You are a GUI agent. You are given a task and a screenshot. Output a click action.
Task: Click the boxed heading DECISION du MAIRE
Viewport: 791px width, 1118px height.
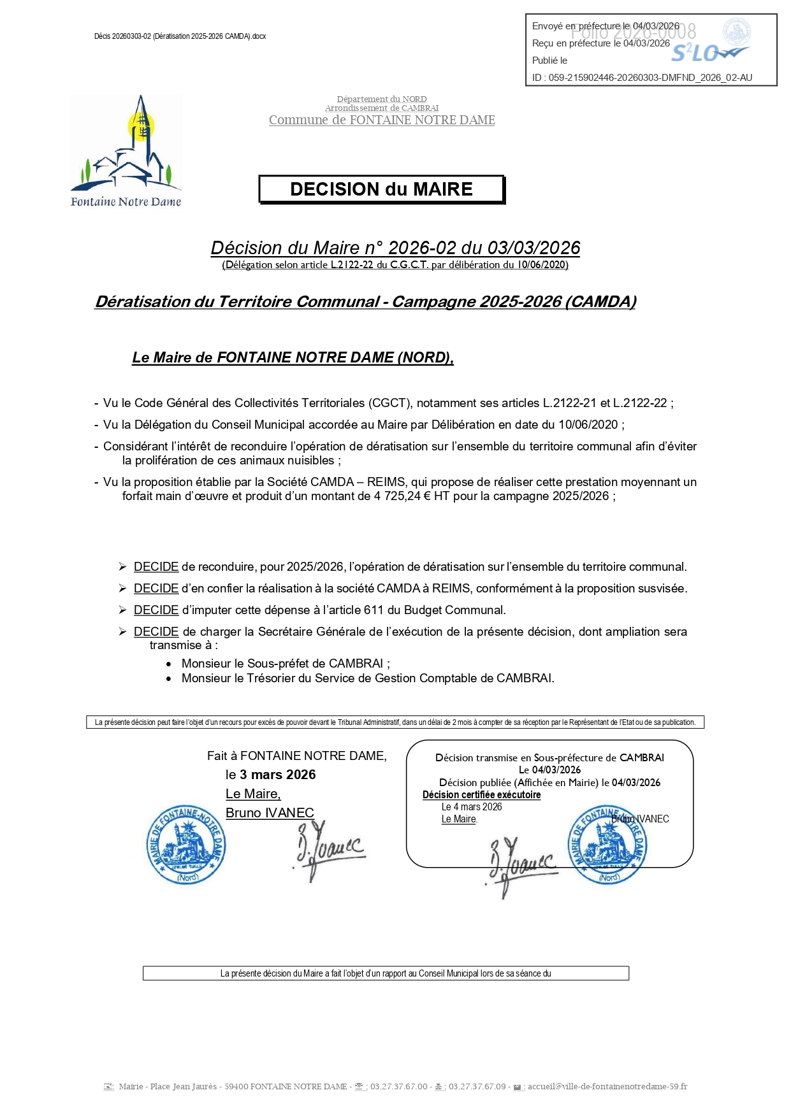(381, 190)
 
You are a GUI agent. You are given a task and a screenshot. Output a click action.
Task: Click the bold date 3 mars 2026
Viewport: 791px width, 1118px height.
(277, 775)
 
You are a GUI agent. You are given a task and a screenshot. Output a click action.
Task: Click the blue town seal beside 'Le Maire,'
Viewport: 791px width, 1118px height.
(186, 844)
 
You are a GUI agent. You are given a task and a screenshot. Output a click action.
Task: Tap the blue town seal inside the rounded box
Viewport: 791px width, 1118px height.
(608, 845)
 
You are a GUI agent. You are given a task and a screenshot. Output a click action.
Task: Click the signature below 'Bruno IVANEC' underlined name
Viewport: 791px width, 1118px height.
(328, 850)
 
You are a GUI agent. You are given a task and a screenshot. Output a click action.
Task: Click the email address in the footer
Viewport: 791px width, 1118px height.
(607, 1087)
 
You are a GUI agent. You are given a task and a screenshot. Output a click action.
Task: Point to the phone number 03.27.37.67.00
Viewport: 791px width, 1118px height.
(398, 1087)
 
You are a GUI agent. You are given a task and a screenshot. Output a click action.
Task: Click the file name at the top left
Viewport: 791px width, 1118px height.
(180, 36)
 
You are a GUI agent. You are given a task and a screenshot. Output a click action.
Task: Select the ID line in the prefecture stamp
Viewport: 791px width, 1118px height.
(642, 78)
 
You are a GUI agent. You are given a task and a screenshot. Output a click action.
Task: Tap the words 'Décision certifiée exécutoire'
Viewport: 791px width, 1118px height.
(481, 795)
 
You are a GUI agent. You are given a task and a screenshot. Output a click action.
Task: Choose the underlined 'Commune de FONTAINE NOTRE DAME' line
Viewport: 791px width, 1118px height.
(382, 120)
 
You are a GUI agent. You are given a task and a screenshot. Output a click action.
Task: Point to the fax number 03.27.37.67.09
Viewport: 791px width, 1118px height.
(477, 1087)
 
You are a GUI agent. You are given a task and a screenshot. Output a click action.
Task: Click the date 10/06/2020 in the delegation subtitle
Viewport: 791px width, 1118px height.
(542, 265)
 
